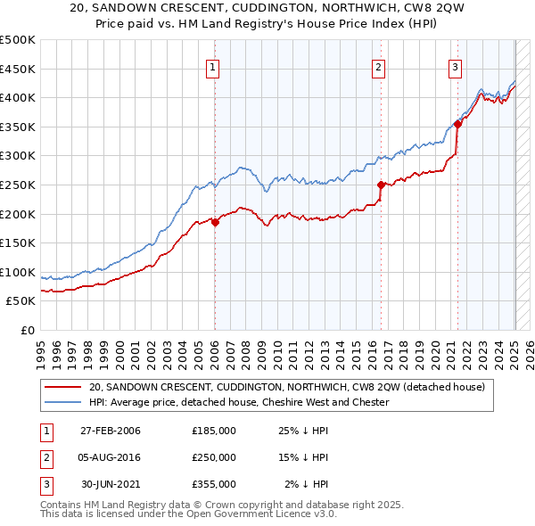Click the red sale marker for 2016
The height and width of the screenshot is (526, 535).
tap(381, 185)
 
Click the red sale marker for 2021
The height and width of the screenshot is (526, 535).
tap(457, 125)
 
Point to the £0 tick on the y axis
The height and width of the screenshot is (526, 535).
tap(28, 330)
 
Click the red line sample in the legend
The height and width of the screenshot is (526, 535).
tap(62, 388)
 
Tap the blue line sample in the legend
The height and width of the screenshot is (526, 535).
tap(62, 403)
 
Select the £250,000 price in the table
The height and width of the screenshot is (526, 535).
tap(214, 457)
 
